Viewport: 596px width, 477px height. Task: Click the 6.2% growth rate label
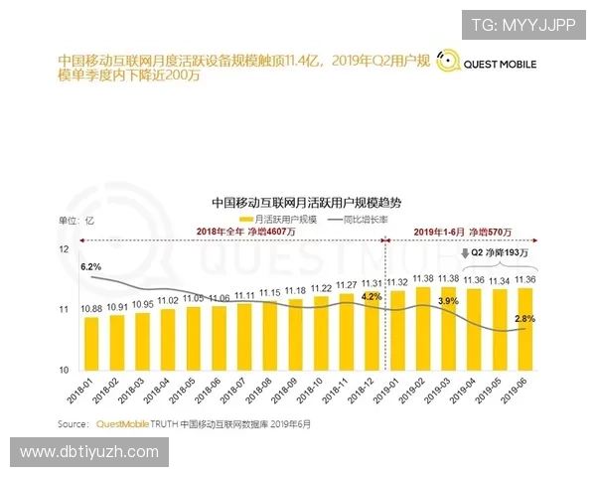point(91,267)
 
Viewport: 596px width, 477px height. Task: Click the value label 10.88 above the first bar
point(91,309)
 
